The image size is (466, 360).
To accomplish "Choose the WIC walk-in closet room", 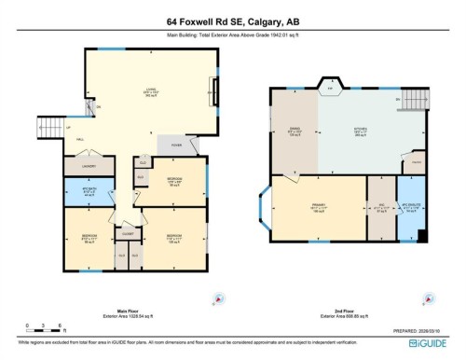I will coord(380,208).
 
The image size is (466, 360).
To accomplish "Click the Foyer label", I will coord(174,145).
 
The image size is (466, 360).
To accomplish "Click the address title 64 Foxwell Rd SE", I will coord(233,21).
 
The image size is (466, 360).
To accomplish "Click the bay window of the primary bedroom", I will coord(264,207).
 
